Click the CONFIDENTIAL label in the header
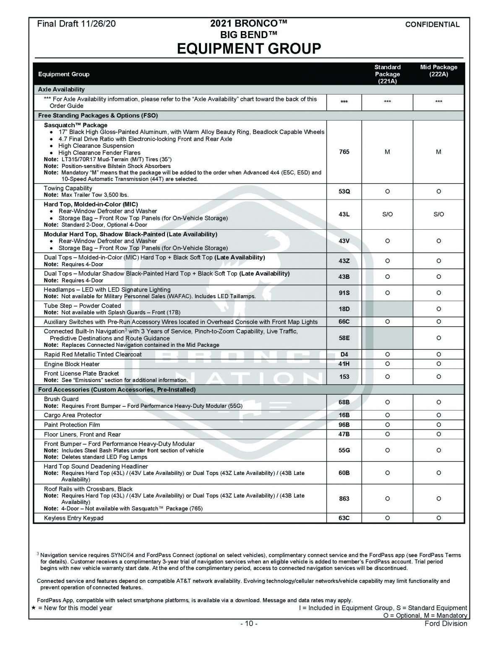[x=432, y=24]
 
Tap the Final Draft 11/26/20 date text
[x=76, y=24]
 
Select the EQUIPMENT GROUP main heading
[x=249, y=48]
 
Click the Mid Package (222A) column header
[x=438, y=71]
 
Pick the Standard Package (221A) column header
[x=387, y=74]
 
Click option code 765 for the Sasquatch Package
[x=344, y=152]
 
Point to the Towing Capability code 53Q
[x=344, y=191]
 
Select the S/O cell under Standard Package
[x=387, y=214]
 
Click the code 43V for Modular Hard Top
[x=344, y=241]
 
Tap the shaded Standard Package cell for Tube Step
[x=387, y=309]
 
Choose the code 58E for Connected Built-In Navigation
[x=344, y=338]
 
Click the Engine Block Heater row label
[x=72, y=364]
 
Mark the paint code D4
[x=344, y=354]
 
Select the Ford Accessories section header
[x=117, y=390]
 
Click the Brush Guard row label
[x=61, y=399]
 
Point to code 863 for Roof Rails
[x=344, y=499]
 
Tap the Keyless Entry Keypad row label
[x=73, y=518]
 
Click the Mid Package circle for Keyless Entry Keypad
[x=438, y=518]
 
